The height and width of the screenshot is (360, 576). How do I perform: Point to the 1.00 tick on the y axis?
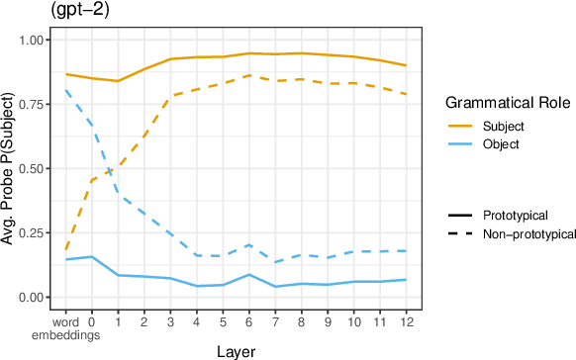click(32, 40)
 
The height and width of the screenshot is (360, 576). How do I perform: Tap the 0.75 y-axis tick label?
click(32, 104)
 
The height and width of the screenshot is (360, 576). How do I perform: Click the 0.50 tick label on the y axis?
click(32, 168)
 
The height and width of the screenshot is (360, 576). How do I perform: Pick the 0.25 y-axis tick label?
click(32, 232)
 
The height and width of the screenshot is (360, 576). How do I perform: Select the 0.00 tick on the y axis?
click(32, 297)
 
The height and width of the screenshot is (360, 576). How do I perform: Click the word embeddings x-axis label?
click(66, 327)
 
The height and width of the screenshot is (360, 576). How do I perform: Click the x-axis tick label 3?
click(170, 321)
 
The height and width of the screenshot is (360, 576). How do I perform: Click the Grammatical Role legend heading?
click(503, 103)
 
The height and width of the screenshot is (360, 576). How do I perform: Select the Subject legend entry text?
click(503, 127)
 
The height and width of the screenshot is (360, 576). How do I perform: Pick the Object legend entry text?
click(501, 143)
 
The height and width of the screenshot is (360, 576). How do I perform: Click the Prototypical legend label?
click(515, 215)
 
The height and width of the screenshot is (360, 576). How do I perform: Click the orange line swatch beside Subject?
click(461, 127)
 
